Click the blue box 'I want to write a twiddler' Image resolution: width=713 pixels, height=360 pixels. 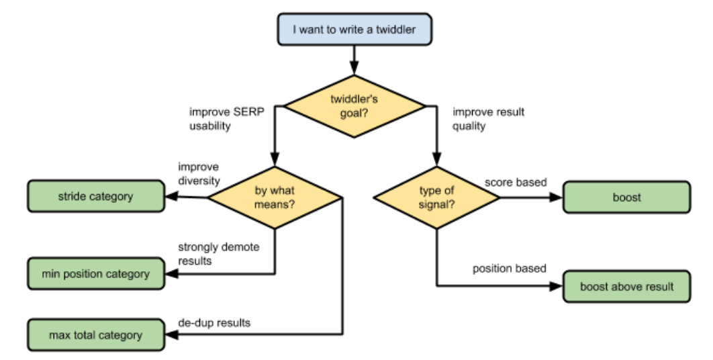coord(354,30)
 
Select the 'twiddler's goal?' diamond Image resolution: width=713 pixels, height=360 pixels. coord(354,106)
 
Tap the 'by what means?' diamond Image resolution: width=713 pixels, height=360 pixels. coord(274,197)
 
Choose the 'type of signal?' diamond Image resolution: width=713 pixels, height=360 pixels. coord(436,197)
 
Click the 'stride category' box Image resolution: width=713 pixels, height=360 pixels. coord(96,197)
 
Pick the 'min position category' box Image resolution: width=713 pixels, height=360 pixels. coord(96,273)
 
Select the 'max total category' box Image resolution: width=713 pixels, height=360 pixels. coord(96,335)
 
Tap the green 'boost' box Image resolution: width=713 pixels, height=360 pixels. coord(626,197)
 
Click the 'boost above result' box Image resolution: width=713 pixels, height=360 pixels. coord(626,287)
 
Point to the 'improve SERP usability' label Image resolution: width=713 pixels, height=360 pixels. coord(226,119)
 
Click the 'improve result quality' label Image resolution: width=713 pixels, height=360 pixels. coord(488,119)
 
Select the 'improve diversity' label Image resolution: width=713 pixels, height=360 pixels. coord(199,174)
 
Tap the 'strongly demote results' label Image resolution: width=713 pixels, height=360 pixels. coord(218,254)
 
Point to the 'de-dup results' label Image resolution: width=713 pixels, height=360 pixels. coord(214,322)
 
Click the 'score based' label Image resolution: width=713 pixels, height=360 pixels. coord(516,183)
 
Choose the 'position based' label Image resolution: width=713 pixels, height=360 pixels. coord(510,269)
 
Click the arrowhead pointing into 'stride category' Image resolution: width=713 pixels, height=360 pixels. coord(171,197)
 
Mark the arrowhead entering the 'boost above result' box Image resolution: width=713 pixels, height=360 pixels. coord(557,286)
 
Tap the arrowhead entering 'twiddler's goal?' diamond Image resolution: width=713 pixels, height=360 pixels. coord(354,69)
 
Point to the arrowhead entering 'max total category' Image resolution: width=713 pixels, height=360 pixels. coord(171,334)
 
